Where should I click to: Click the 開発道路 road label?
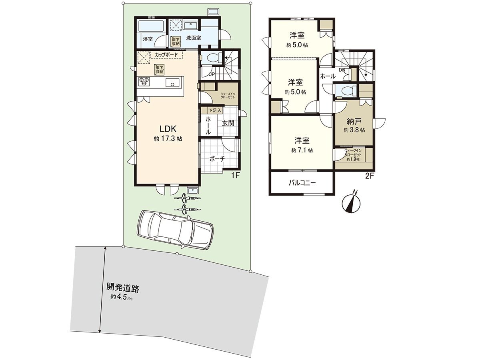[x=122, y=288]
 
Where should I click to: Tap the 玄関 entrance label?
[x=228, y=123]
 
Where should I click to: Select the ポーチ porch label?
[x=217, y=158]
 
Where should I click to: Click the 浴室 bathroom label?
[x=148, y=39]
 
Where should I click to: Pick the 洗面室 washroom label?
[x=193, y=38]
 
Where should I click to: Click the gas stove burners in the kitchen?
[x=144, y=82]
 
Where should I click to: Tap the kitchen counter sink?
[x=173, y=83]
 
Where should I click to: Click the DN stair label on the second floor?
[x=342, y=70]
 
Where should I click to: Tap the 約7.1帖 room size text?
[x=302, y=150]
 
